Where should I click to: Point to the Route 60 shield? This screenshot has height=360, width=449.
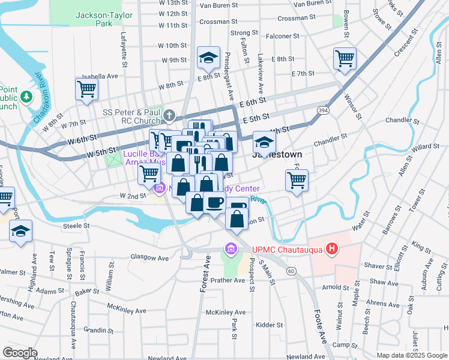pyautogui.click(x=291, y=271)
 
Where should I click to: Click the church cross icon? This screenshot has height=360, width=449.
pyautogui.click(x=170, y=115)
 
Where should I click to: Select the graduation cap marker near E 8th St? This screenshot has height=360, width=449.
pyautogui.click(x=209, y=58)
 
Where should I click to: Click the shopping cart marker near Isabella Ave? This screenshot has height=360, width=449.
pyautogui.click(x=86, y=89)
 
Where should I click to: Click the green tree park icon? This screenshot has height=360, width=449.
pyautogui.click(x=26, y=96)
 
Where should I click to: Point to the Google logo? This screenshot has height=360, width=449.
pyautogui.click(x=20, y=353)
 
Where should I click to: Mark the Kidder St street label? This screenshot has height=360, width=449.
pyautogui.click(x=269, y=325)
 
